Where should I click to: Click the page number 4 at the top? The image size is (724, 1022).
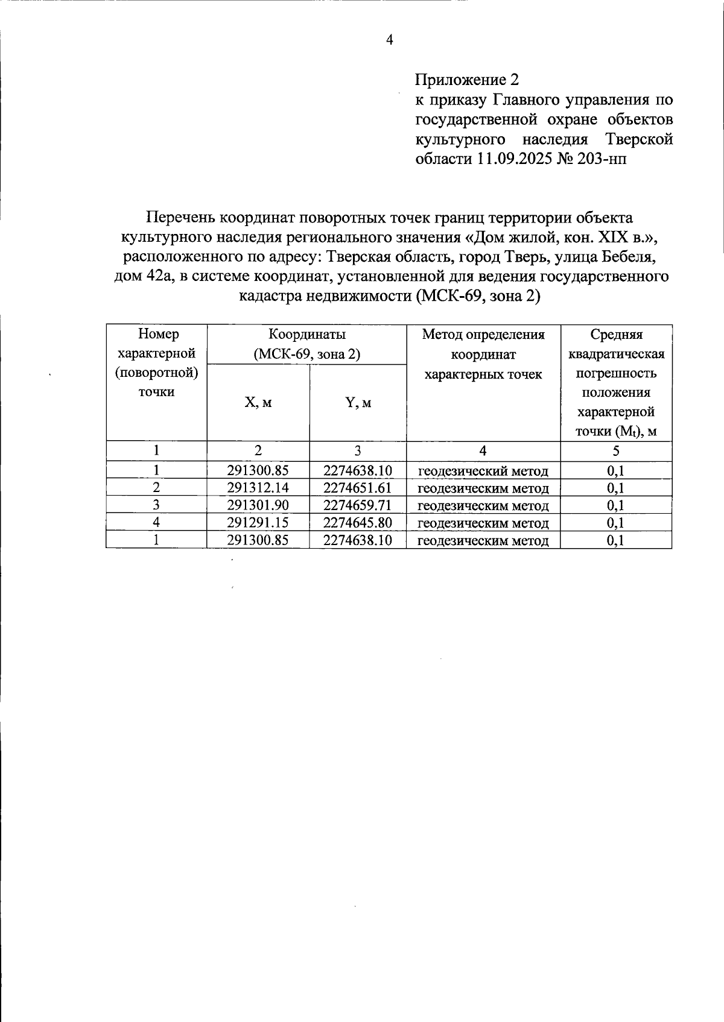(389, 40)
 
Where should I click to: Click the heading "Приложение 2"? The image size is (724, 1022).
(466, 80)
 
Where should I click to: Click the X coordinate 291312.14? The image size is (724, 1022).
(258, 488)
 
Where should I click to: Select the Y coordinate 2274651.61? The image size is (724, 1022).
(358, 488)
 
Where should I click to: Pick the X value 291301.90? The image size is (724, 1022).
(258, 505)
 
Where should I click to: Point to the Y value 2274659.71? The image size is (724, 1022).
(358, 505)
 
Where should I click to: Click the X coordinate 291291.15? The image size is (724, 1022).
(258, 523)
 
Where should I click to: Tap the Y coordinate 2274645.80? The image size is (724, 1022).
(358, 523)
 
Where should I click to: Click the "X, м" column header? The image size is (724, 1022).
(258, 403)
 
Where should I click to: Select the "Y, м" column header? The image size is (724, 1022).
(358, 403)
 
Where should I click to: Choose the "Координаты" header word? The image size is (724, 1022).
(307, 334)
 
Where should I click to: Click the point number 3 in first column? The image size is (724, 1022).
(156, 505)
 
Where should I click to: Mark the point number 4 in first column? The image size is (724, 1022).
(156, 523)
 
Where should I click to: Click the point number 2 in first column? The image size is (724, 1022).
(156, 488)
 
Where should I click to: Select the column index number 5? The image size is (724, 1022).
(616, 451)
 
